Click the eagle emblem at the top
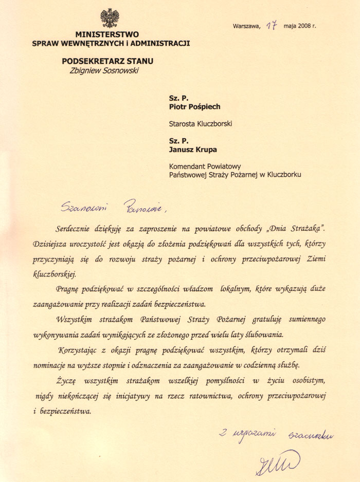pos(110,18)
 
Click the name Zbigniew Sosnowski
pos(104,70)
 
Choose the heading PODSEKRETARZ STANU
pos(107,61)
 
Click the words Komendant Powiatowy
pos(205,166)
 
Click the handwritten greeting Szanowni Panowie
pos(114,207)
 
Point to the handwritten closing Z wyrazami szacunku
pos(276,435)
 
